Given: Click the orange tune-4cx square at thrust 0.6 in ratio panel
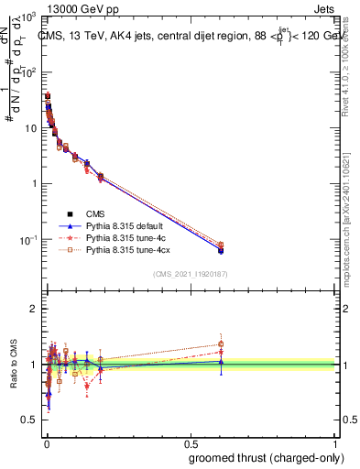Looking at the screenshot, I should coord(221,344).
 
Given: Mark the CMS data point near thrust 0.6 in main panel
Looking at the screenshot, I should coord(221,249).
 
